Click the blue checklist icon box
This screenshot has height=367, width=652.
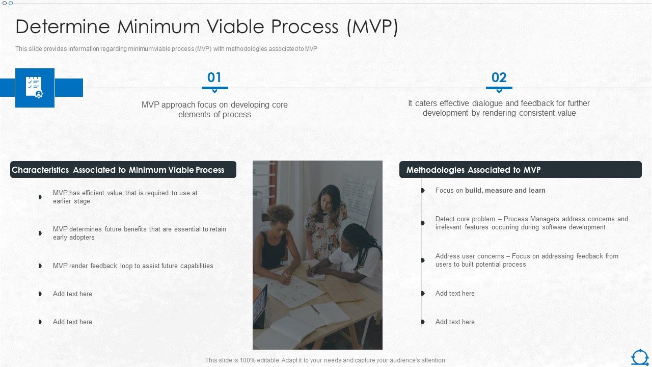coord(35,88)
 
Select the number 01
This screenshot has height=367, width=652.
coord(214,77)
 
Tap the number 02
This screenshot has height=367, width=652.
coord(499,77)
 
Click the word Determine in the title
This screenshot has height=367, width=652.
coord(62,27)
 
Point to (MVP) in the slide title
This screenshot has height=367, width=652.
coord(372,27)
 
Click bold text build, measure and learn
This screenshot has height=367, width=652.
coord(505,191)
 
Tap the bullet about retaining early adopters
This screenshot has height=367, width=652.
coord(139,233)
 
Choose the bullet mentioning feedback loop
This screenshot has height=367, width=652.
coord(133,266)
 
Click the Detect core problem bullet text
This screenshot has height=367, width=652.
coord(531,223)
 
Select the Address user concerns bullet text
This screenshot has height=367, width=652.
coord(527,260)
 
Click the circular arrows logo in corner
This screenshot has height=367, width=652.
coord(640,357)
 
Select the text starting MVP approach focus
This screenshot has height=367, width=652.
coord(214,110)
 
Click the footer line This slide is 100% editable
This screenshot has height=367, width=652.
coord(325,360)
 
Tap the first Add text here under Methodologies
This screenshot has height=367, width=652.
coord(454,294)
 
